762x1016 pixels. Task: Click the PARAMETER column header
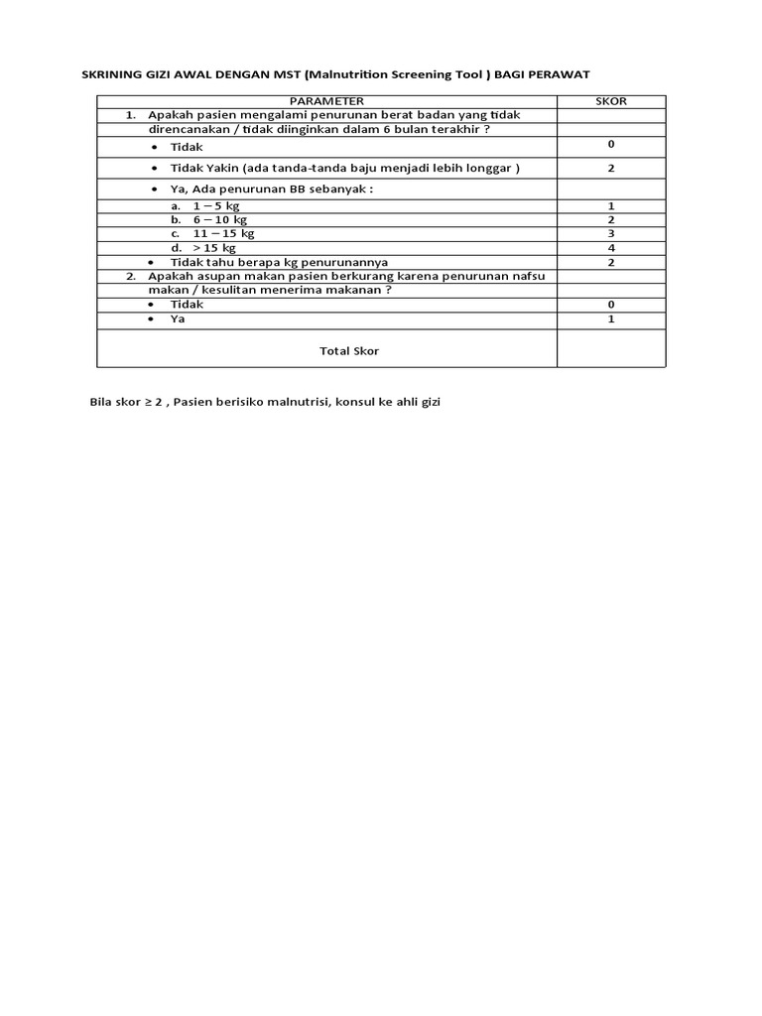coord(326,101)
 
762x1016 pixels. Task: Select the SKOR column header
coord(611,101)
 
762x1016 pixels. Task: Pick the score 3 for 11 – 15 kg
coord(611,233)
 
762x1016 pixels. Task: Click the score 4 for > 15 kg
coord(611,247)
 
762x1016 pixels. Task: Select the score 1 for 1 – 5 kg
coord(611,206)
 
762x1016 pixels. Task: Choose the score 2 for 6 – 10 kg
coord(611,219)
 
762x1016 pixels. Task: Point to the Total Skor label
coord(348,351)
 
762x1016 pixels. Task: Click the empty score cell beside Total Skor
coord(611,349)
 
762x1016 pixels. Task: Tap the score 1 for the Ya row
coord(611,319)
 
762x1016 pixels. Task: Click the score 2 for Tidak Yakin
coord(611,169)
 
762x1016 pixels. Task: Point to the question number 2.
coord(131,276)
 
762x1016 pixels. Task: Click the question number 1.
coord(130,115)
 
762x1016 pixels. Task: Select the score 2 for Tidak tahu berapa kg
coord(611,262)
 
